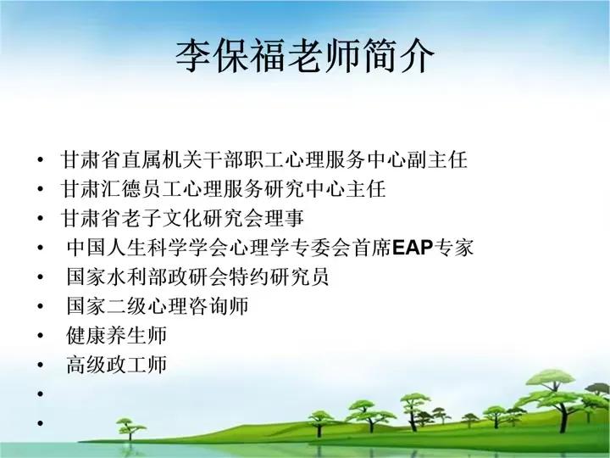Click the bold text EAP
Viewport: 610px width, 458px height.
(413, 248)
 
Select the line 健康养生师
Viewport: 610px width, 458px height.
(116, 335)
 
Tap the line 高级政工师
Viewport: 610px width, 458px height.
(116, 365)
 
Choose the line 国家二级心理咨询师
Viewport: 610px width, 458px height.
(158, 305)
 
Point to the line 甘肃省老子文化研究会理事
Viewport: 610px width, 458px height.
(182, 218)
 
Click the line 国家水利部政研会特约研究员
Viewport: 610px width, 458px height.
(197, 276)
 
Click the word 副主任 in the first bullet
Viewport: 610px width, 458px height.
(437, 159)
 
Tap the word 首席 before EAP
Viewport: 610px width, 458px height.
(372, 248)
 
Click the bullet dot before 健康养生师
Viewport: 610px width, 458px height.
(41, 335)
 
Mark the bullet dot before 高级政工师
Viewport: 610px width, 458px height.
(41, 365)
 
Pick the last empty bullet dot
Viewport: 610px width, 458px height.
(41, 423)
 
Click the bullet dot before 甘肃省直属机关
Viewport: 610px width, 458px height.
(41, 159)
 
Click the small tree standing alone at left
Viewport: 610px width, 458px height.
(130, 429)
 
